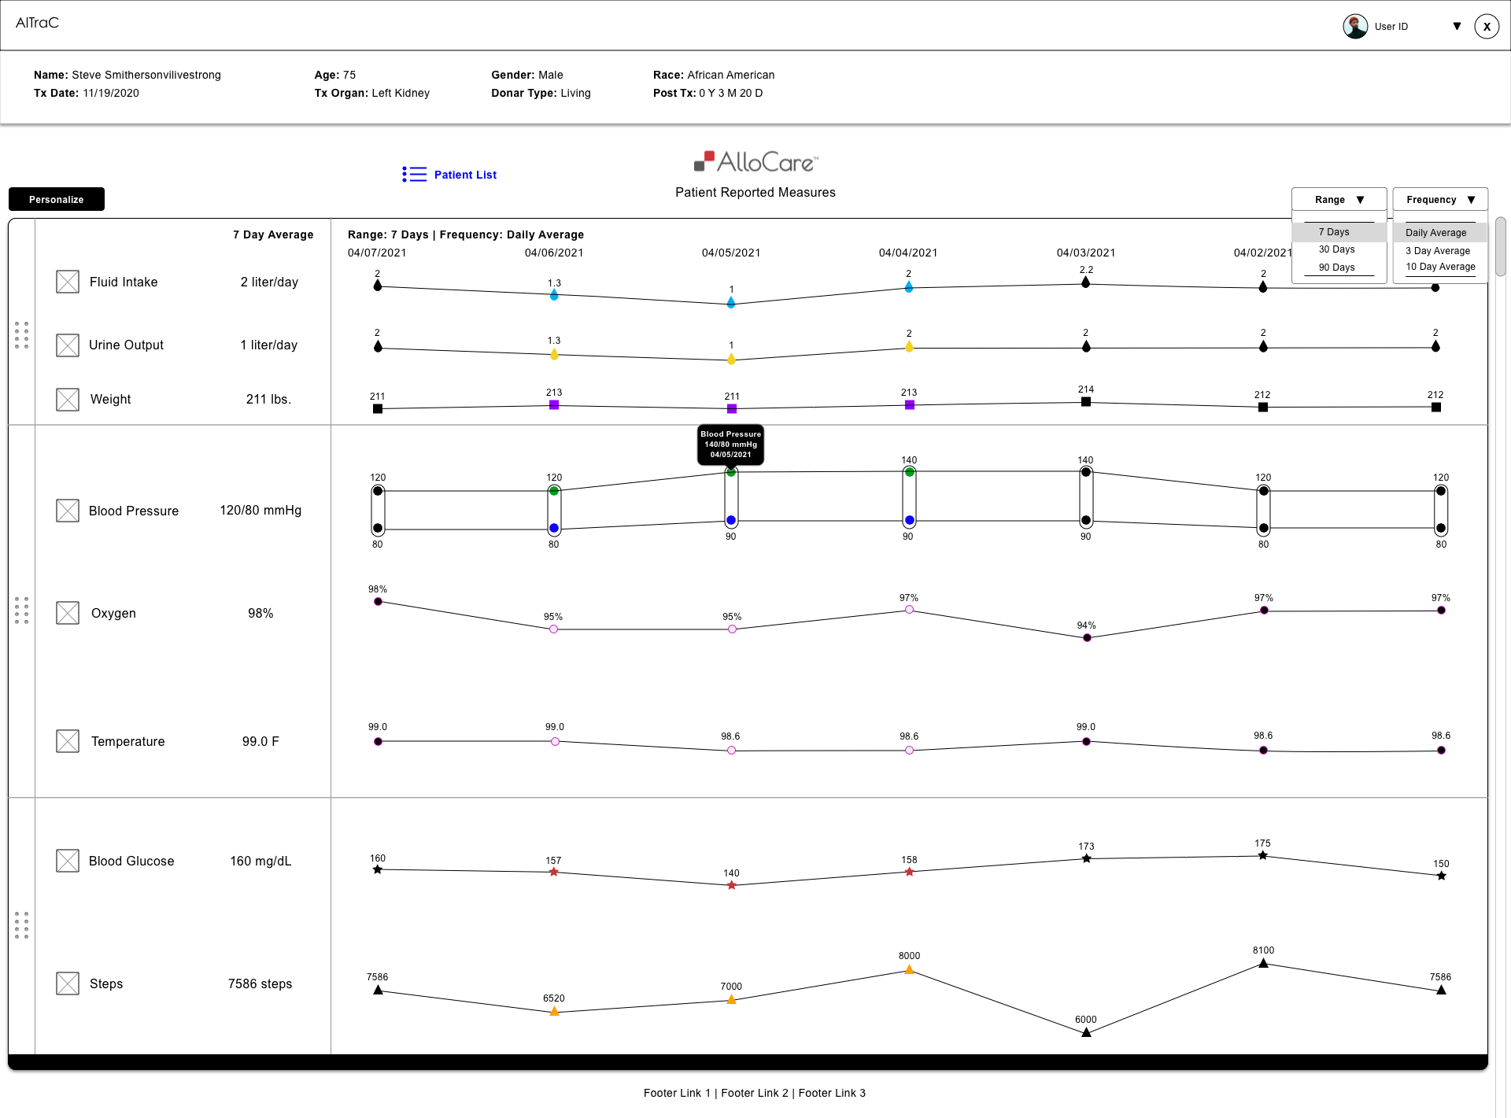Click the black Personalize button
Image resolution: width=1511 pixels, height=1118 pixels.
coord(57,199)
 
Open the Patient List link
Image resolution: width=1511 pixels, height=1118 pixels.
coord(464,175)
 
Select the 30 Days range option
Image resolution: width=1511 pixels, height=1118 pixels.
coord(1336,249)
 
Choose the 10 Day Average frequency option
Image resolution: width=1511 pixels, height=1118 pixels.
coord(1439,267)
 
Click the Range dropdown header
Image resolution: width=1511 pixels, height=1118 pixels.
coord(1338,200)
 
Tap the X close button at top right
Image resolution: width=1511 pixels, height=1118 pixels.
coord(1486,26)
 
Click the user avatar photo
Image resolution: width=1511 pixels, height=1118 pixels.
coord(1354,26)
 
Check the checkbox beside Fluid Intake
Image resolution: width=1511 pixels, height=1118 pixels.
coord(68,282)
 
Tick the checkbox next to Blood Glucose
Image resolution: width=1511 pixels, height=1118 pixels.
coord(68,861)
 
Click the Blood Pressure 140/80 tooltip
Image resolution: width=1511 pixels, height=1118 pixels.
coord(730,445)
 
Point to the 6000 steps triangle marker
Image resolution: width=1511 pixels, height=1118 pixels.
coord(1086,1032)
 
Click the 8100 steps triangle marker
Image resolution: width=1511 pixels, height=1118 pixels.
coord(1263,963)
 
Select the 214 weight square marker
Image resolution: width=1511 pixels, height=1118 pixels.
coord(1086,402)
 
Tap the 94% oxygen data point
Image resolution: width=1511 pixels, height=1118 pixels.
coord(1087,638)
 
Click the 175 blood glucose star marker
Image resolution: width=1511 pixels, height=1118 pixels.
coord(1262,855)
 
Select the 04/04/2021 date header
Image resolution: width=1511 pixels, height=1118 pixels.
coord(907,253)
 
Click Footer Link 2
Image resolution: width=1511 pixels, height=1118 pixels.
coord(754,1093)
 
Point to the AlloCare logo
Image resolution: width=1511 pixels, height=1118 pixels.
coord(755,162)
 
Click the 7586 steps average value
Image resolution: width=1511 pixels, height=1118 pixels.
coord(260,983)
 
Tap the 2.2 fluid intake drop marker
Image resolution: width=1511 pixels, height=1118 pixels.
coord(1085,282)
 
